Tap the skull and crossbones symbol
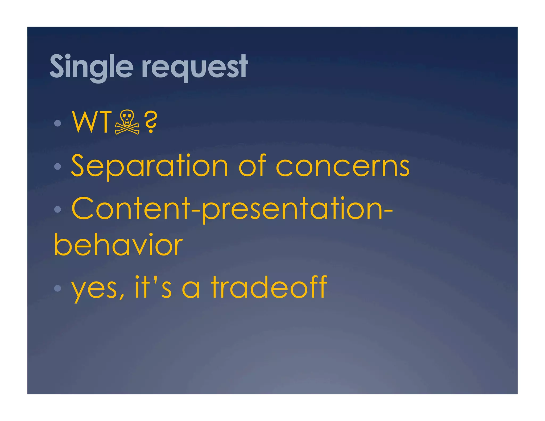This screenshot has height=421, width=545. (127, 122)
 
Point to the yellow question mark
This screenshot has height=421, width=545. (151, 122)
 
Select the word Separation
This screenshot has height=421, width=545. (150, 166)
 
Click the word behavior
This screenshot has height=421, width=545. (118, 245)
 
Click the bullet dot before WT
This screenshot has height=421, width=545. (57, 123)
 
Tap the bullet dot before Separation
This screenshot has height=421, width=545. (57, 167)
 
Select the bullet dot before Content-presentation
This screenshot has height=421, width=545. (57, 209)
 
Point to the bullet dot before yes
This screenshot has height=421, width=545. (57, 288)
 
